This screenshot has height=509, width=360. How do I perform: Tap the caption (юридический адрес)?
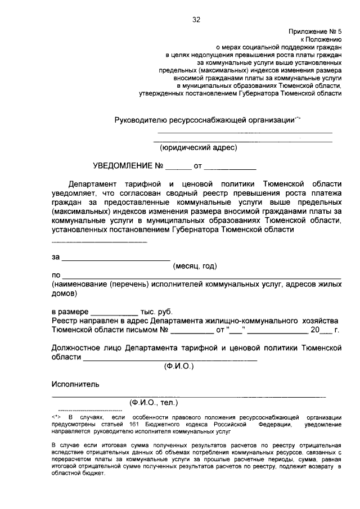click(x=199, y=148)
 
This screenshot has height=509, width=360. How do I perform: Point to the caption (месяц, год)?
click(x=195, y=266)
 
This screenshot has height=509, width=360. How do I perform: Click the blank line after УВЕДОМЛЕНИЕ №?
click(x=178, y=168)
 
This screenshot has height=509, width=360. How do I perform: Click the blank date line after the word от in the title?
click(x=229, y=168)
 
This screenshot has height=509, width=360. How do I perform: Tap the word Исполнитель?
click(x=76, y=385)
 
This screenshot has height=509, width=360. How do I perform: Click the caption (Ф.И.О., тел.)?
click(x=154, y=403)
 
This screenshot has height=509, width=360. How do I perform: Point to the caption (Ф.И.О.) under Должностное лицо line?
click(x=179, y=366)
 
